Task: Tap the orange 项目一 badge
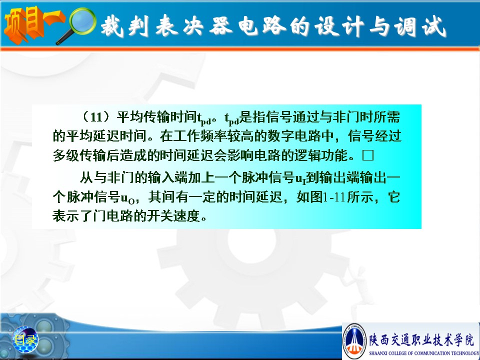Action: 33,24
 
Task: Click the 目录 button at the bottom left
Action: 25,339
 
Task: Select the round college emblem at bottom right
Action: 354,341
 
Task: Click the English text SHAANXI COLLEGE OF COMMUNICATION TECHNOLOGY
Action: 424,353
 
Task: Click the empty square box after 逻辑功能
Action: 367,155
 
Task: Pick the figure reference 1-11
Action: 334,197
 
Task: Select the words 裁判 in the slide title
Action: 124,25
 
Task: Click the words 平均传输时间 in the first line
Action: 156,117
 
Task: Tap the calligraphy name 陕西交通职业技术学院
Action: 421,339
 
